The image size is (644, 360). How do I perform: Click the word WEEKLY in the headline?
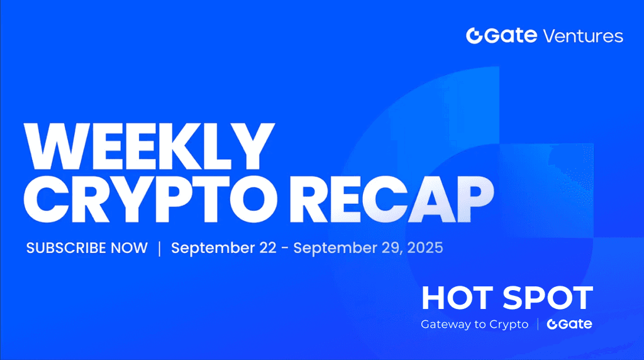[149, 146]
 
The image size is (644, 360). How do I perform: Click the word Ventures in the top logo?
[583, 36]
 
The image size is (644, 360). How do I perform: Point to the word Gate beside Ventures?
[511, 36]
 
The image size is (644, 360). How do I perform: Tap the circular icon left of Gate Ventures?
[474, 36]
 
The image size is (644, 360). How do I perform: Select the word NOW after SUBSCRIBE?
[129, 248]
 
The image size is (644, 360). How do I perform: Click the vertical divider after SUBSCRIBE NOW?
[159, 248]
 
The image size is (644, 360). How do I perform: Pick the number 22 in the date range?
[267, 248]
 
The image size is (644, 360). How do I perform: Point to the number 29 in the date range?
[393, 248]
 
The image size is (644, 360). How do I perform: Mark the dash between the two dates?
[285, 249]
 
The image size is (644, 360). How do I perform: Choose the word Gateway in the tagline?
[446, 325]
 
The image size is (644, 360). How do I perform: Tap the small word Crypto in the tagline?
[509, 325]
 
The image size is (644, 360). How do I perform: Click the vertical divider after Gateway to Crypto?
[538, 324]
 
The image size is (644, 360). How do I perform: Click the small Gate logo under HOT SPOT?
[569, 324]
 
